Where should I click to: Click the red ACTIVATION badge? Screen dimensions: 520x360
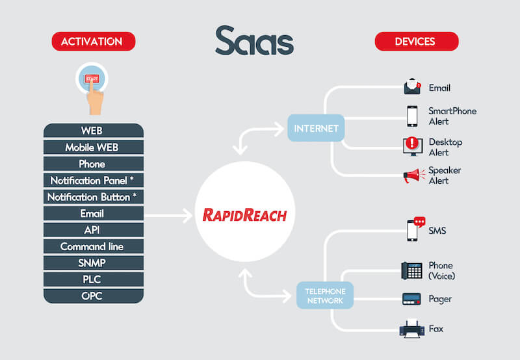coord(94,42)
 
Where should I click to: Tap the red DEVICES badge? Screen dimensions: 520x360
coord(417,42)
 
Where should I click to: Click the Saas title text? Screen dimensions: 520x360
coord(254,41)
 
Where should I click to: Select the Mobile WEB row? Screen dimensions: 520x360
coord(94,147)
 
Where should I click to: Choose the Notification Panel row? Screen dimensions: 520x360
coord(94,181)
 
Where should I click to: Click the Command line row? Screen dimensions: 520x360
coord(94,246)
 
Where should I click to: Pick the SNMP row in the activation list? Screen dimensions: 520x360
coord(94,263)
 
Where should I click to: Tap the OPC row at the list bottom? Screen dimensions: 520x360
coord(94,296)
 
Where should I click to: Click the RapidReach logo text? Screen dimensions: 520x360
coord(245,215)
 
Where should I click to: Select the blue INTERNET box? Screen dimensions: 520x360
coord(316,128)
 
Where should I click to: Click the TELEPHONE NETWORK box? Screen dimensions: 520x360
coord(325,296)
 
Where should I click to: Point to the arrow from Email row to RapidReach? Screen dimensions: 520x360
coord(168,216)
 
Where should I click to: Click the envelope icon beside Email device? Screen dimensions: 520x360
coord(412,86)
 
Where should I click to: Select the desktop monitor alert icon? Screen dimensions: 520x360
coord(413,146)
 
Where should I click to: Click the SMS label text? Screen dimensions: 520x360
coord(437,231)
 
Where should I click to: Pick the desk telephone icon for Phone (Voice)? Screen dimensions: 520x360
coord(412,270)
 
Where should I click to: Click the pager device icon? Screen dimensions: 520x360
coord(411,299)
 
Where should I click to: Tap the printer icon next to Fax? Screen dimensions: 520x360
coord(412,329)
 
